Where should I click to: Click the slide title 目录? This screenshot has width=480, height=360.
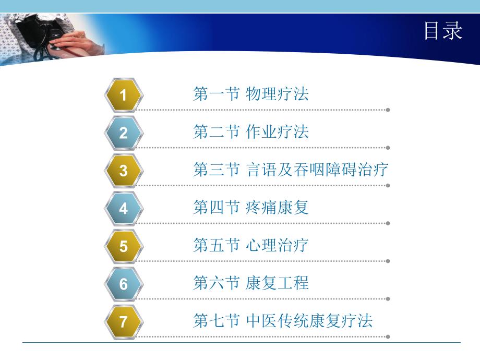[442, 31]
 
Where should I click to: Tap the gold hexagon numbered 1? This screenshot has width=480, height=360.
[123, 95]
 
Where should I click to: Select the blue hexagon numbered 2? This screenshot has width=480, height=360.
[123, 133]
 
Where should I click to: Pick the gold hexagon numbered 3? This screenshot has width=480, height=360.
[123, 171]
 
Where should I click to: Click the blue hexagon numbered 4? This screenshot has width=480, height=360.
[123, 209]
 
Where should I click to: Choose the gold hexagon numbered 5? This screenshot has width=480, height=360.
[123, 246]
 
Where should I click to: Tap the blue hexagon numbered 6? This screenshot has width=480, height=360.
[123, 284]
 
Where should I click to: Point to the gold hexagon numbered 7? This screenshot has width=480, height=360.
[123, 321]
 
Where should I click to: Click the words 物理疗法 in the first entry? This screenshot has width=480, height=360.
[277, 94]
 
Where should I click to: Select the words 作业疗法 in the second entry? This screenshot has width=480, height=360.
[277, 132]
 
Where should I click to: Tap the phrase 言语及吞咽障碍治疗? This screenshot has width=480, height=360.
[317, 170]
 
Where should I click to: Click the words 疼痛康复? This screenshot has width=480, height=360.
[277, 208]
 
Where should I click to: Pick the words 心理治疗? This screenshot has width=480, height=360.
[277, 245]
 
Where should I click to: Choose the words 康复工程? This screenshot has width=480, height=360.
[277, 283]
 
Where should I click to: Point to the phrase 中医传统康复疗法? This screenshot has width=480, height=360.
[309, 321]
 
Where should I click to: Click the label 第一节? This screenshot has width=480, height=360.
[216, 94]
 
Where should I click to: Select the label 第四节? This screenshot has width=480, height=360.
[216, 208]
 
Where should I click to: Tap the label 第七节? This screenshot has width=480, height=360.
[216, 321]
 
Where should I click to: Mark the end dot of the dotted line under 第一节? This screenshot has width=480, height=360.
[388, 110]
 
